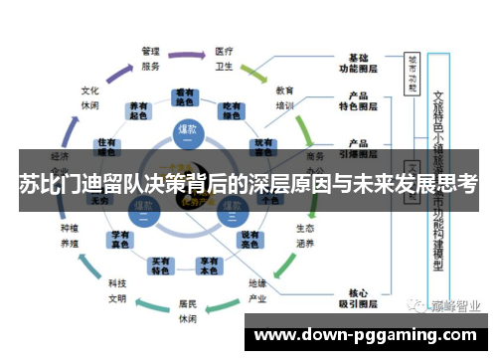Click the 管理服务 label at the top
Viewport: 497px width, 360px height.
pyautogui.click(x=150, y=58)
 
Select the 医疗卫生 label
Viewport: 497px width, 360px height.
pyautogui.click(x=224, y=58)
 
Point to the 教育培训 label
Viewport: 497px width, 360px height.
pyautogui.click(x=284, y=97)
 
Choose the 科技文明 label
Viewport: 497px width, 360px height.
pyautogui.click(x=118, y=290)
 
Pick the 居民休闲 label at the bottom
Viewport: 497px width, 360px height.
pyautogui.click(x=188, y=312)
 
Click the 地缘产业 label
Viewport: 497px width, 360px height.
pyautogui.click(x=258, y=290)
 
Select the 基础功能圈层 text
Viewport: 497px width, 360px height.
pyautogui.click(x=359, y=62)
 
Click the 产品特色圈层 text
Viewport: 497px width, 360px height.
pyautogui.click(x=359, y=101)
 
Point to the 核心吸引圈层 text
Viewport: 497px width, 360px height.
pyautogui.click(x=359, y=298)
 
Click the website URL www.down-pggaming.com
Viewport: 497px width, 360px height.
pyautogui.click(x=367, y=335)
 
